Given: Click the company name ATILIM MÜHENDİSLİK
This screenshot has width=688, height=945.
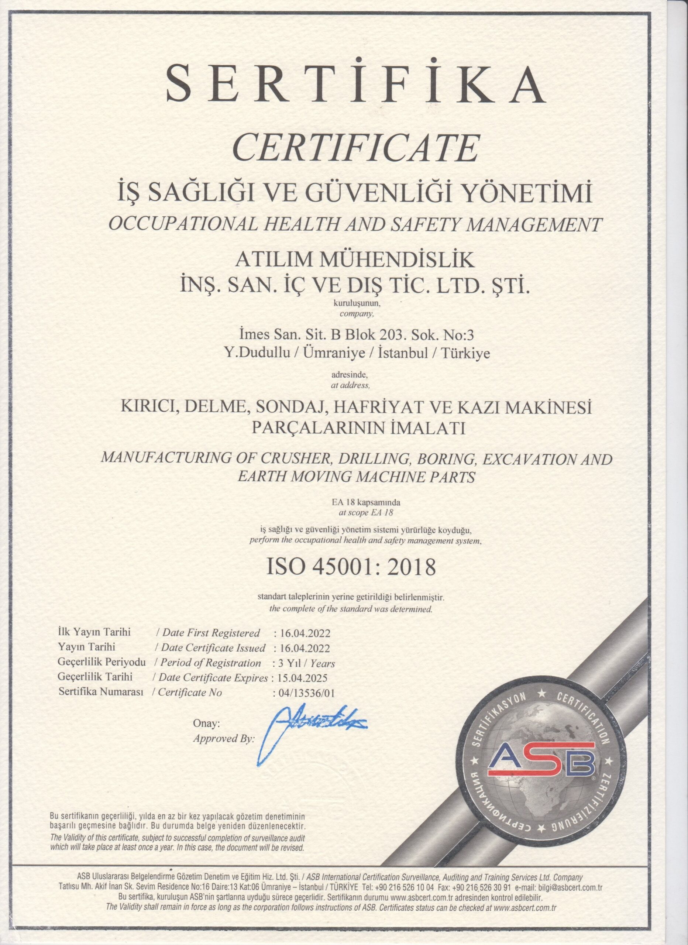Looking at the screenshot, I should coord(355,262).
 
